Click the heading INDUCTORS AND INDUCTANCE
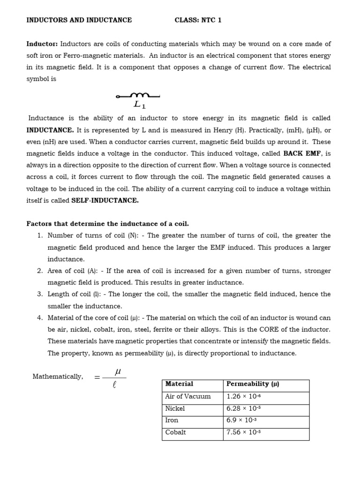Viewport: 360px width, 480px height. tap(79, 20)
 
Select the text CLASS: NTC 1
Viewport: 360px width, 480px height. tap(198, 20)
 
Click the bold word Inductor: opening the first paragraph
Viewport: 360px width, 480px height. tap(42, 44)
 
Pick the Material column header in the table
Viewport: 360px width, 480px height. tap(179, 384)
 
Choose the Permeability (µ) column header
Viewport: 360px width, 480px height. tap(253, 384)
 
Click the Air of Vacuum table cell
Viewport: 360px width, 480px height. tap(187, 396)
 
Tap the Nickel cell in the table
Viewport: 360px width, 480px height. tap(175, 408)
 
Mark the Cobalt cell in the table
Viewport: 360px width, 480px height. tap(175, 433)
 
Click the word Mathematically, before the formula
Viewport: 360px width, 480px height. tap(58, 376)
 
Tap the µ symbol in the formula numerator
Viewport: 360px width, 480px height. tap(118, 370)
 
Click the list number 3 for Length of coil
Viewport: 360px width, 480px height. tap(40, 294)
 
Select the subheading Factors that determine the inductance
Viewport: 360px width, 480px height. tap(107, 224)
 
